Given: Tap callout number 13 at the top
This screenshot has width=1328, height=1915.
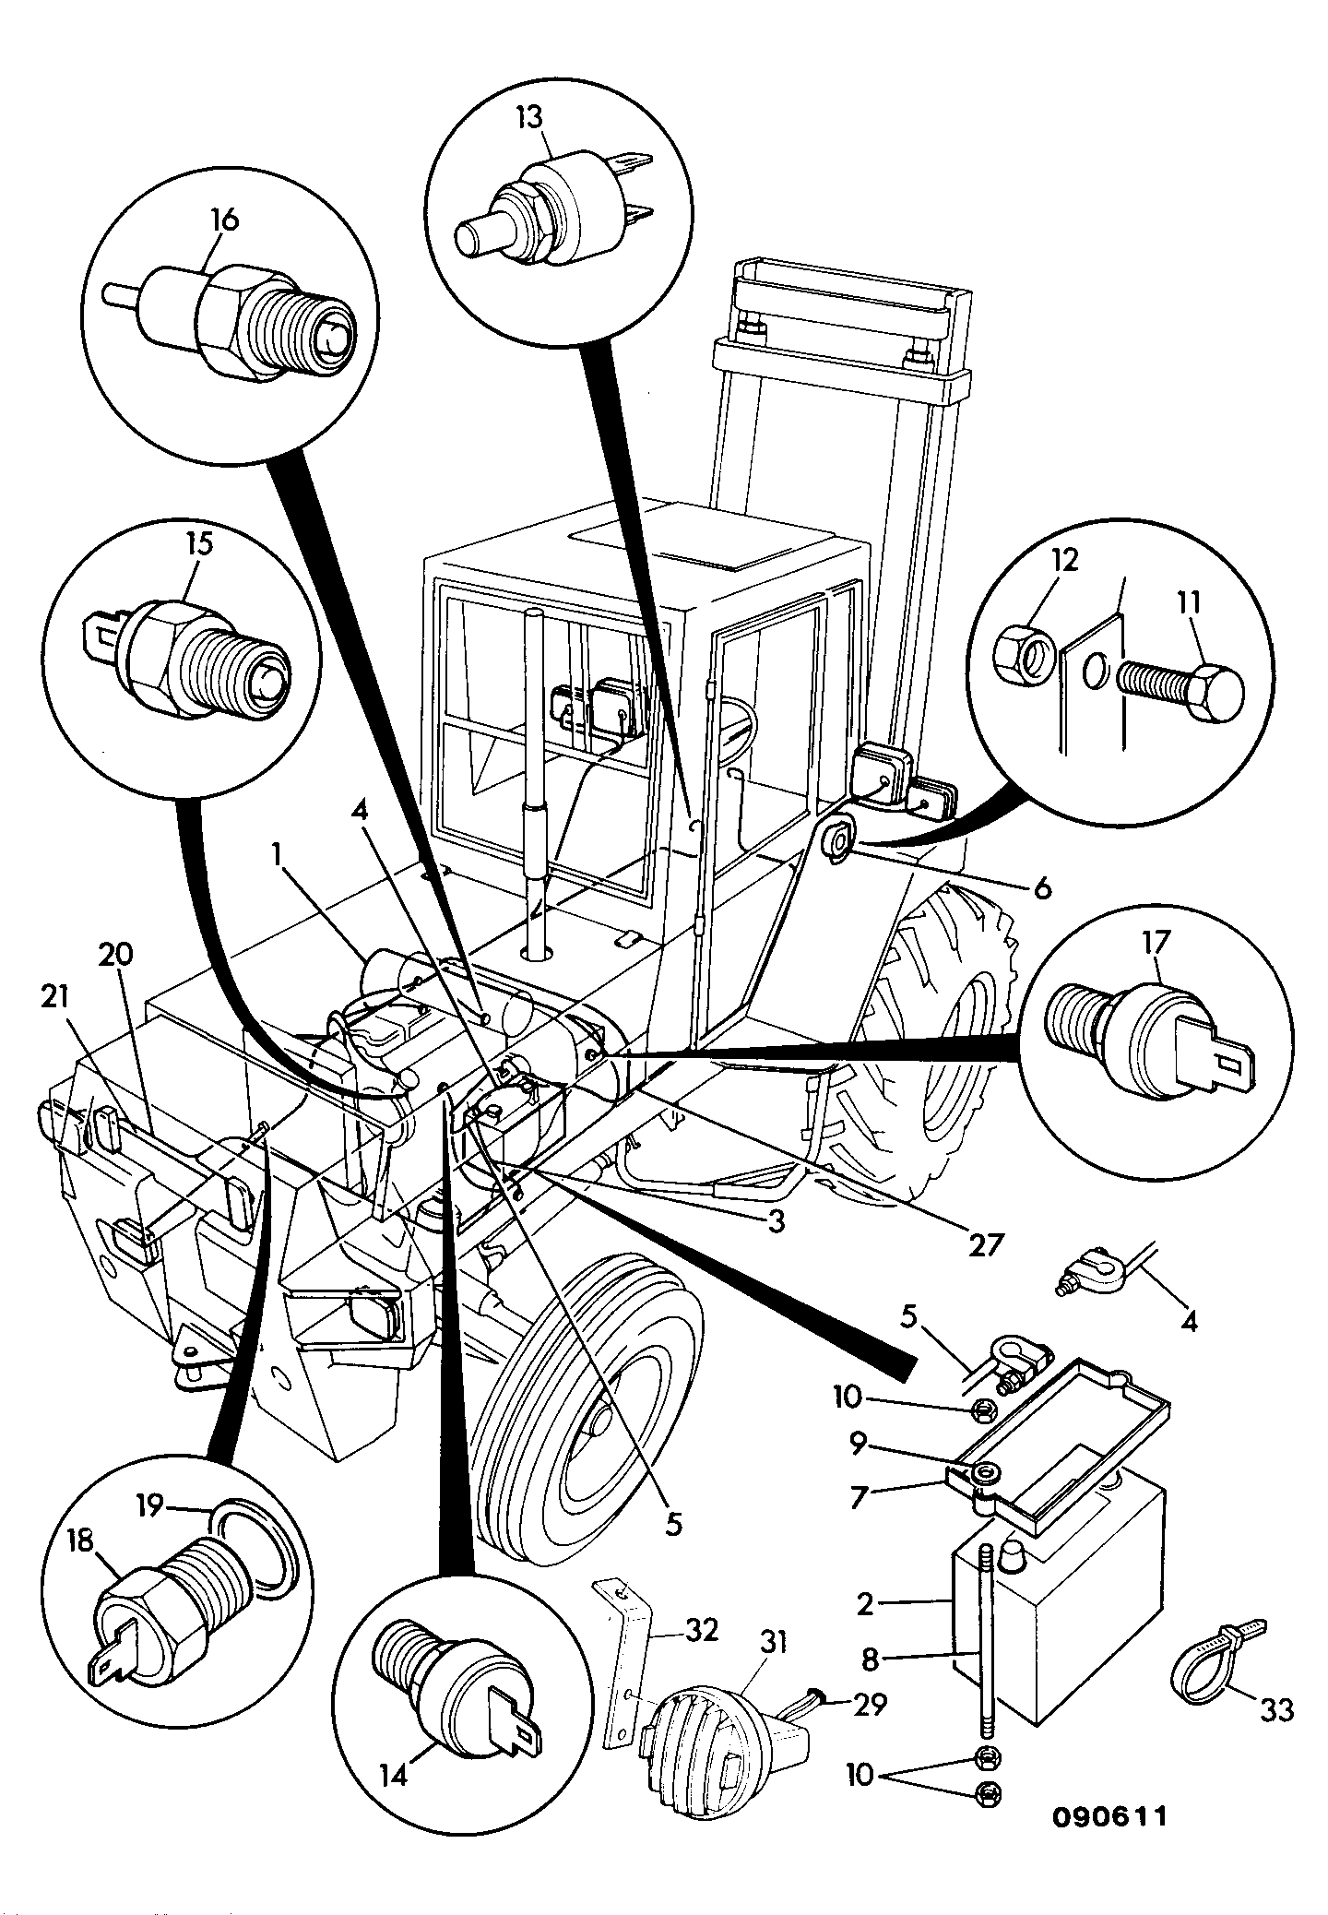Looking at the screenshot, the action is pos(529,118).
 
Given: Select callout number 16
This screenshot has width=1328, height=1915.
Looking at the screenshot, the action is pos(224,220).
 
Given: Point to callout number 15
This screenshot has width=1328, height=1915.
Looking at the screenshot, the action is pos(198,543).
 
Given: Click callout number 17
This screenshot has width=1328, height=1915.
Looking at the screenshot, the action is pos(1156,943).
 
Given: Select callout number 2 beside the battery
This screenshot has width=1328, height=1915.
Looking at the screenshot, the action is pos(864,1603).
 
